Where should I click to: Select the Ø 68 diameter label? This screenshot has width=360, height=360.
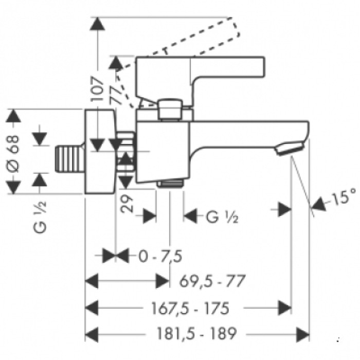(14, 152)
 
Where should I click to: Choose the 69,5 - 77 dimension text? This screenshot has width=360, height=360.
(212, 281)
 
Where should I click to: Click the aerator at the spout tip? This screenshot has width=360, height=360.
(290, 150)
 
